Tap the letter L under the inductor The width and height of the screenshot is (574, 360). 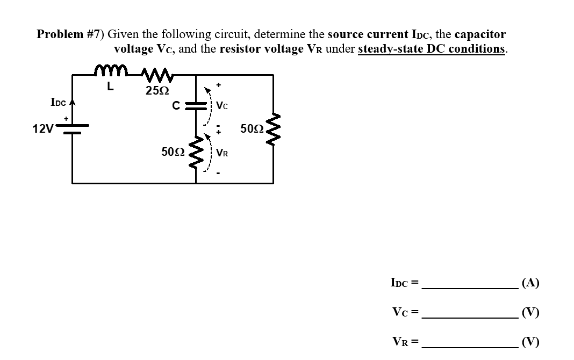coord(110,87)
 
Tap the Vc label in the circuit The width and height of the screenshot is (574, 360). coord(223,107)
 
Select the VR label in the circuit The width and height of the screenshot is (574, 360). coord(223,153)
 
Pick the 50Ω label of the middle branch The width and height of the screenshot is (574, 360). coord(173,152)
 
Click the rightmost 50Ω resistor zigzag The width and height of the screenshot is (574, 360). coord(272,129)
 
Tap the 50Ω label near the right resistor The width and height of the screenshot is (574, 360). coord(252,129)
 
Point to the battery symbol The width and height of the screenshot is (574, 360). coord(73,129)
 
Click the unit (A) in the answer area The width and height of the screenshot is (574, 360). coord(530,283)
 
